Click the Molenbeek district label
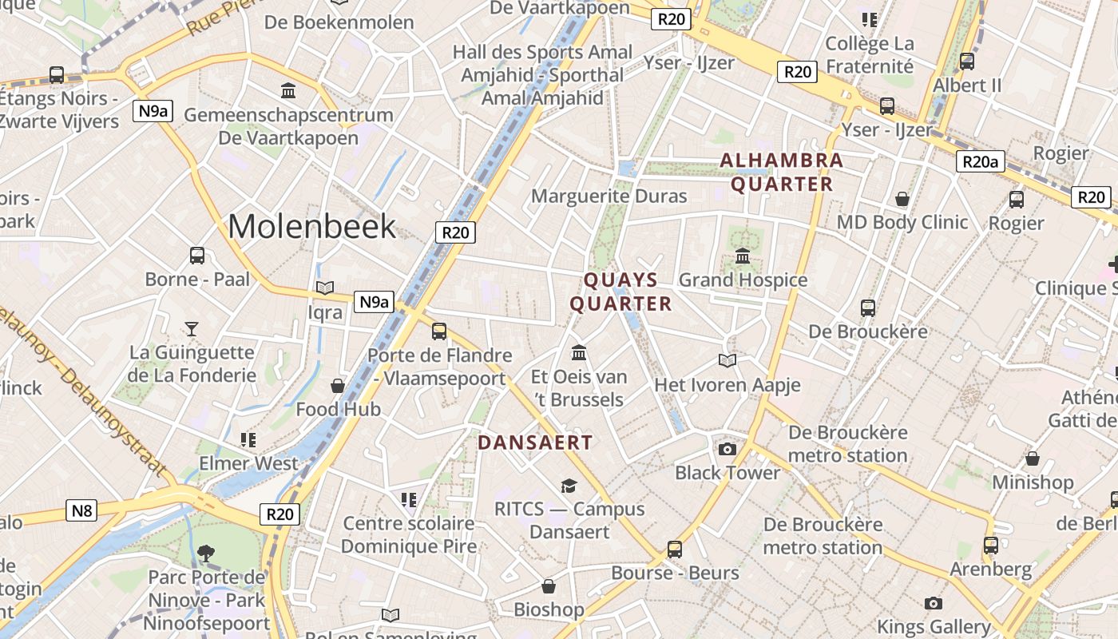point(311,226)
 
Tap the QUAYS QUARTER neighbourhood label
point(620,292)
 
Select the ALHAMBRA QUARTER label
point(782,172)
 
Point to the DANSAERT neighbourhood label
point(535,443)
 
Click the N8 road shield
point(81,510)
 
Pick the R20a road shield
point(980,162)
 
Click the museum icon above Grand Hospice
point(743,256)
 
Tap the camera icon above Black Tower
point(727,449)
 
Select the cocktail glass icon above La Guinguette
point(192,328)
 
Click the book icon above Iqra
point(325,288)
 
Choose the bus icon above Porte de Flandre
point(438,331)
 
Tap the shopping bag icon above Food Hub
point(338,386)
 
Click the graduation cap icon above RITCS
point(569,485)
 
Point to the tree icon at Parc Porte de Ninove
point(206,552)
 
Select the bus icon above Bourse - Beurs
point(675,549)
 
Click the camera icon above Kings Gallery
point(933,603)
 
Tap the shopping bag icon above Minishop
point(1033,458)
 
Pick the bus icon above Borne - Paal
point(197,256)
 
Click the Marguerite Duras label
point(609,196)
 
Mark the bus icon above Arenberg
point(991,545)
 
